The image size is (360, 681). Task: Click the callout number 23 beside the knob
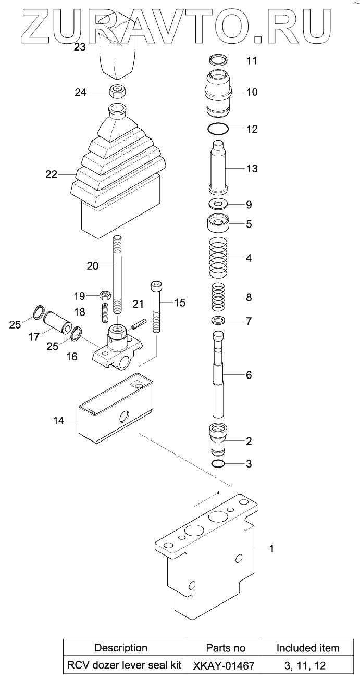point(80,47)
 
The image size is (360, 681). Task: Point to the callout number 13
point(252,169)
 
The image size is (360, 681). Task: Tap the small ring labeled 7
point(219,320)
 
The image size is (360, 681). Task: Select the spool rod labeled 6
point(219,375)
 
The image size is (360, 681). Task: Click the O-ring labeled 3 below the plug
point(219,463)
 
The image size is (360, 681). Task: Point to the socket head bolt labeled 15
point(156,307)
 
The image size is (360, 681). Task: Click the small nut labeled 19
point(105,296)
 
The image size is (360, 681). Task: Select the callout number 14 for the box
point(59,420)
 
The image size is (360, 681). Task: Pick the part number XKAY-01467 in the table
point(225,665)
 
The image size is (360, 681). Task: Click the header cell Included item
point(307,648)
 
